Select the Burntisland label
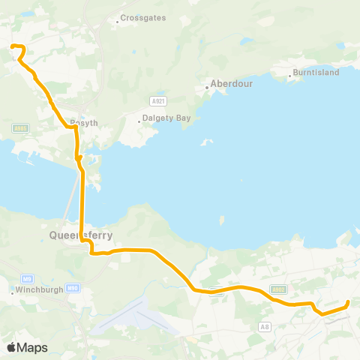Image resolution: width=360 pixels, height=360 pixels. click(316, 72)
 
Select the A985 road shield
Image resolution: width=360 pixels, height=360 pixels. click(19, 129)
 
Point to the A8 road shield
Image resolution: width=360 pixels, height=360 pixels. click(264, 327)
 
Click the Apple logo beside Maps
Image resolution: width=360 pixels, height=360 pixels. click(11, 347)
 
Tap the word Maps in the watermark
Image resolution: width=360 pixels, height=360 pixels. click(32, 347)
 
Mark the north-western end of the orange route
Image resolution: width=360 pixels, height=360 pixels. click(12, 46)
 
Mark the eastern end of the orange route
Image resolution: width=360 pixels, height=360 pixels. click(348, 303)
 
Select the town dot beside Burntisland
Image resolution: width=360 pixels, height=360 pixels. click(290, 76)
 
